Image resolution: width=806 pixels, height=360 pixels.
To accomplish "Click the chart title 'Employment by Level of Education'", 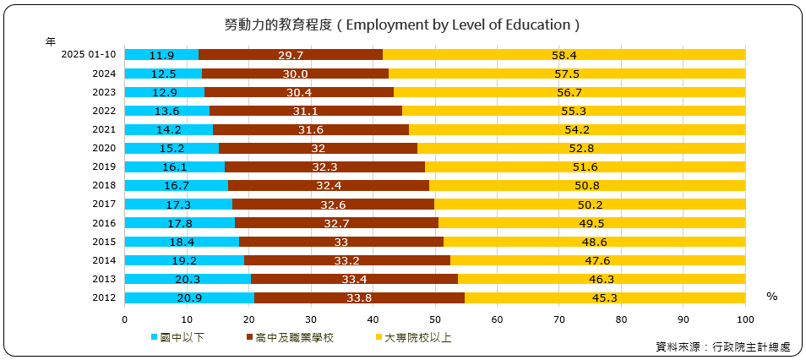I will pyautogui.click(x=402, y=25).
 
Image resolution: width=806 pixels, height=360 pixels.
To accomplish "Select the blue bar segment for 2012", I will pyautogui.click(x=189, y=297).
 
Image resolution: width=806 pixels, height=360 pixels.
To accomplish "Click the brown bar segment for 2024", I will pyautogui.click(x=295, y=74).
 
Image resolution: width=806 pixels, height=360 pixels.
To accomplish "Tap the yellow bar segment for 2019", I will pyautogui.click(x=585, y=167).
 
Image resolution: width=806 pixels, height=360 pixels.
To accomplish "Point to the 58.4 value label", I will pyautogui.click(x=564, y=55).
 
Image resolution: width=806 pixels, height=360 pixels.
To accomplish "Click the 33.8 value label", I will pyautogui.click(x=359, y=297).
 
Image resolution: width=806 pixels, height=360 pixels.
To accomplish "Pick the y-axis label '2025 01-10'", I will pyautogui.click(x=89, y=55).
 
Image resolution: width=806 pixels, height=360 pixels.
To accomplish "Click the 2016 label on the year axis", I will pyautogui.click(x=104, y=223).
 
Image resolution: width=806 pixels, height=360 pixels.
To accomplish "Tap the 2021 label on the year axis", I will pyautogui.click(x=104, y=130).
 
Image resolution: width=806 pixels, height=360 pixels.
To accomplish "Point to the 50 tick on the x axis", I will pyautogui.click(x=435, y=319).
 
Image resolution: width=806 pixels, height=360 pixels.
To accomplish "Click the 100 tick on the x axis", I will pyautogui.click(x=745, y=319).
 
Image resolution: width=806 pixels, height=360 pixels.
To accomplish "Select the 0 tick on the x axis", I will pyautogui.click(x=125, y=319).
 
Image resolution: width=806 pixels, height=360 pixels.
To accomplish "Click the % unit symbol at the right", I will pyautogui.click(x=771, y=297).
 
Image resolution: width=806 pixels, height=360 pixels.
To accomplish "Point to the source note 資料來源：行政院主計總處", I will pyautogui.click(x=722, y=346).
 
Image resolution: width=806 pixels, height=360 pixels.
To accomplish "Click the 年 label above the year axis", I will pyautogui.click(x=52, y=40).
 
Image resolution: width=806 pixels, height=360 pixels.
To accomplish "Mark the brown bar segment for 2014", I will pyautogui.click(x=346, y=260).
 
